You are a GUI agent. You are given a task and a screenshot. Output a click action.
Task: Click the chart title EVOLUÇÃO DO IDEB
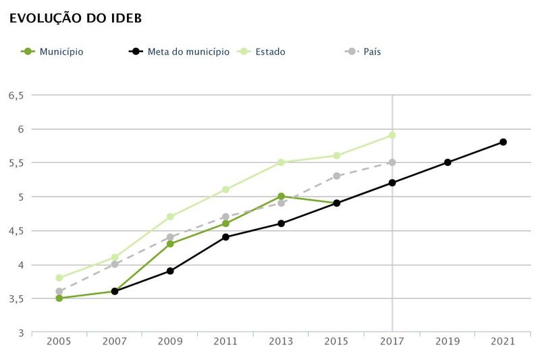click(74, 18)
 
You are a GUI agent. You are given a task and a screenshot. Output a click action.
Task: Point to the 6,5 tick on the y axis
click(16, 95)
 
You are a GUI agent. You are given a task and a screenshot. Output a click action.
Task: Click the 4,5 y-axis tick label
click(16, 231)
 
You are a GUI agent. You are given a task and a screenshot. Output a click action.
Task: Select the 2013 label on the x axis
click(281, 342)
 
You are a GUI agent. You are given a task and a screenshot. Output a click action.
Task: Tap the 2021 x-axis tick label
click(503, 342)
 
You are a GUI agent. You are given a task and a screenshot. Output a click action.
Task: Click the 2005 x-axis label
click(59, 342)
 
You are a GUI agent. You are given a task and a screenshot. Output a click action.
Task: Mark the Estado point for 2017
click(392, 135)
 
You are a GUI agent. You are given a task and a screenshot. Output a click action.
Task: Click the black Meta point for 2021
click(503, 142)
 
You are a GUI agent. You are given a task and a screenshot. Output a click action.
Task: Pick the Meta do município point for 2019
click(448, 162)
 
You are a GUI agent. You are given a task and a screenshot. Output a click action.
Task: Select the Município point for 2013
click(281, 197)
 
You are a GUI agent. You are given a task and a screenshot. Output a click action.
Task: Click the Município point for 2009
click(170, 244)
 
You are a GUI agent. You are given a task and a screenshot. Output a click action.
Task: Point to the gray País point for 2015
click(337, 176)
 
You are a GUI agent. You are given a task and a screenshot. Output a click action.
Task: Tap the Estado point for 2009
click(170, 217)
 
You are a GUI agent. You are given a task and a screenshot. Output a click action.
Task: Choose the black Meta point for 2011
click(225, 237)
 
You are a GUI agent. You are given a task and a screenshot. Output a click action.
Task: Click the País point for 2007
click(115, 264)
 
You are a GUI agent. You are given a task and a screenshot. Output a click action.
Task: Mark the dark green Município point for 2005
click(59, 298)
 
